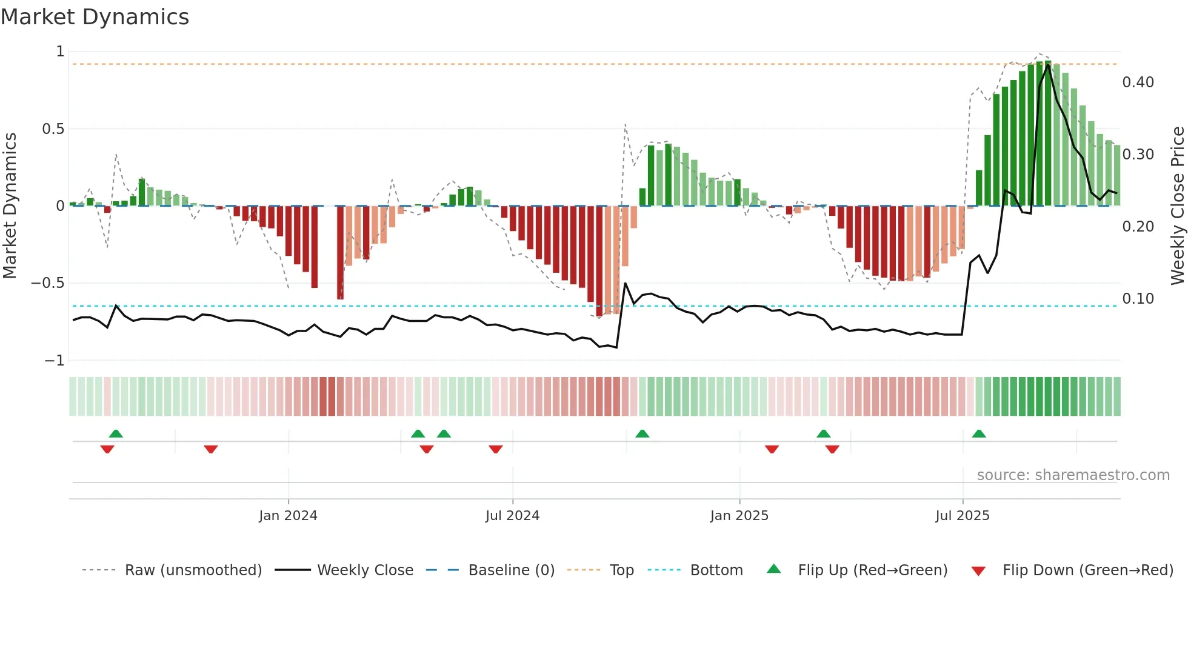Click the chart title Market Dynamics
pyautogui.click(x=95, y=17)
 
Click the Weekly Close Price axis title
pyautogui.click(x=1177, y=205)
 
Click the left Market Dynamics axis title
pyautogui.click(x=10, y=205)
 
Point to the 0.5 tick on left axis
pyautogui.click(x=53, y=129)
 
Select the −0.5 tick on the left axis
pyautogui.click(x=48, y=283)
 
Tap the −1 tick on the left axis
pyautogui.click(x=54, y=361)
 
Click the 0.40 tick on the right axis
pyautogui.click(x=1138, y=82)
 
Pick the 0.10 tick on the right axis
pyautogui.click(x=1138, y=299)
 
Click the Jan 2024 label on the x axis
pyautogui.click(x=288, y=516)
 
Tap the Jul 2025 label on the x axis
pyautogui.click(x=962, y=516)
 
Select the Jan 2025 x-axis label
pyautogui.click(x=739, y=516)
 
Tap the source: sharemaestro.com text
pyautogui.click(x=1073, y=475)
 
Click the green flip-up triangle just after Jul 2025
pyautogui.click(x=979, y=434)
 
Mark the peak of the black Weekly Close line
pyautogui.click(x=1048, y=65)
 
